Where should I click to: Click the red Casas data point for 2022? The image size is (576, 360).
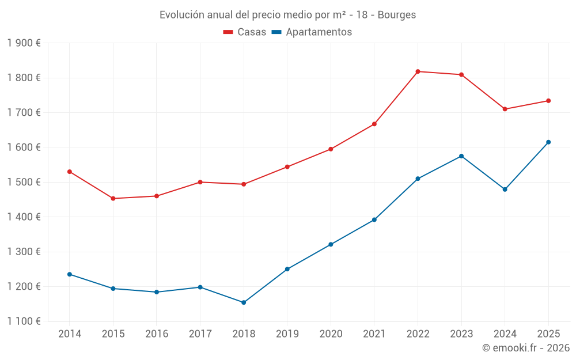[x=418, y=71]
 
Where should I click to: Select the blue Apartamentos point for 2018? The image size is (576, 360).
[x=244, y=302]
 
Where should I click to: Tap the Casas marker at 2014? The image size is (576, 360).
[x=70, y=172]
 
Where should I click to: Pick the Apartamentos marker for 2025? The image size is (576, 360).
[x=548, y=142]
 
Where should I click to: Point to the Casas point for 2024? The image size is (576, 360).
[x=505, y=109]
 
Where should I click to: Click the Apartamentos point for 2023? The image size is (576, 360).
[x=461, y=156]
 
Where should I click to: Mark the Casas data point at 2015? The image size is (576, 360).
[x=113, y=199]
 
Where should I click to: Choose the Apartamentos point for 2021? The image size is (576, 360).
[x=374, y=219]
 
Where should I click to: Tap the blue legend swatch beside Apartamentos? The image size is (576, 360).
[x=276, y=32]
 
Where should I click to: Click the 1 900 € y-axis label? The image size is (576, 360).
[x=24, y=43]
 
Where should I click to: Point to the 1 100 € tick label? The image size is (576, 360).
[x=24, y=321]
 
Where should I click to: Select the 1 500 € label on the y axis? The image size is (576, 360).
[x=24, y=182]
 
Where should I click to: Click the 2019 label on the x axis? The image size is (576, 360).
[x=287, y=334]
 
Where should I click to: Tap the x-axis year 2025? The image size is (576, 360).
[x=548, y=334]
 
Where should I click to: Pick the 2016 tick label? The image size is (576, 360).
[x=157, y=334]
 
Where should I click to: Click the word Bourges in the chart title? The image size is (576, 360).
[x=397, y=15]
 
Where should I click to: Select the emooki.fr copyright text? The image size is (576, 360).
[x=525, y=348]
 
